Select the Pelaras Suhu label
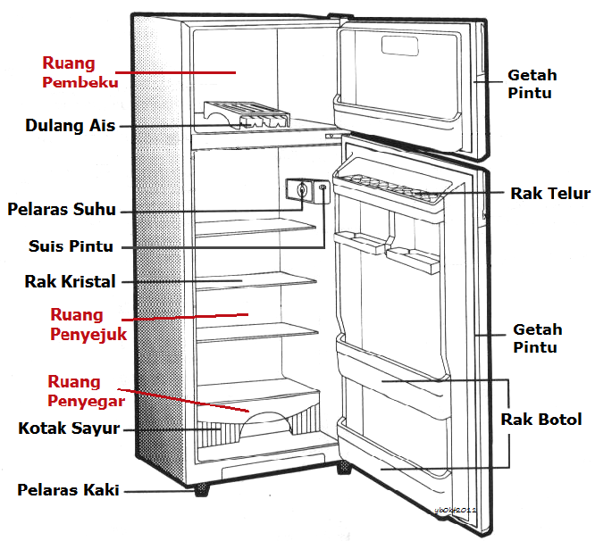click(x=62, y=211)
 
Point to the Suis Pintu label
click(x=71, y=246)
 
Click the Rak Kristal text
click(x=71, y=282)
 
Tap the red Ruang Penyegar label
click(x=86, y=390)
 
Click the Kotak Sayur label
click(x=69, y=429)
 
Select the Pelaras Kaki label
click(x=68, y=489)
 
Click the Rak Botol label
click(x=541, y=419)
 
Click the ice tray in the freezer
click(x=246, y=117)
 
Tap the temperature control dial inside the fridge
click(x=302, y=190)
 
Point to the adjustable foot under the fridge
click(x=200, y=489)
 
